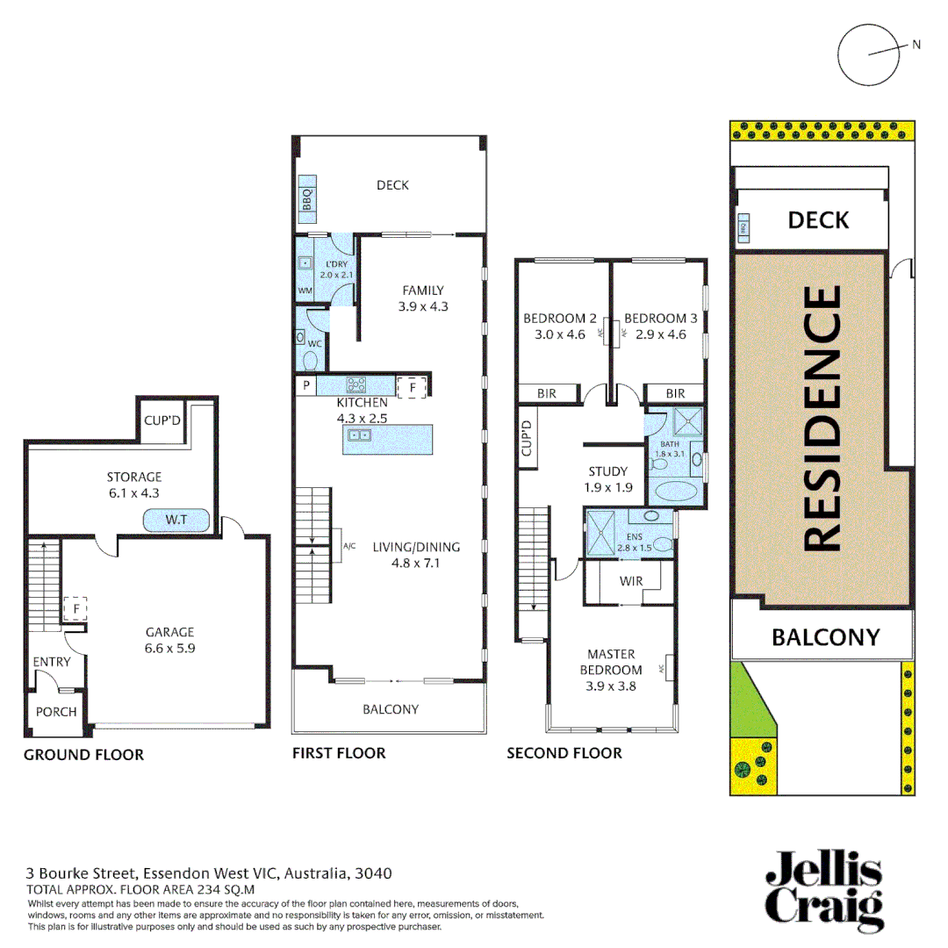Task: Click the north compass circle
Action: [870, 52]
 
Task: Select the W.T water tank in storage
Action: [176, 521]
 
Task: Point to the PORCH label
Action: [56, 712]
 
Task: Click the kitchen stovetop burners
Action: [358, 384]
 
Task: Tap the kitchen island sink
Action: [360, 435]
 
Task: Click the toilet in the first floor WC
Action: [310, 357]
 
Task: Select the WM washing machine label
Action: [305, 291]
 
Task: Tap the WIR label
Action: [631, 581]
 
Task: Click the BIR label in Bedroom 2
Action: [547, 394]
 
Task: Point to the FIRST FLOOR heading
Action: [338, 752]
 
